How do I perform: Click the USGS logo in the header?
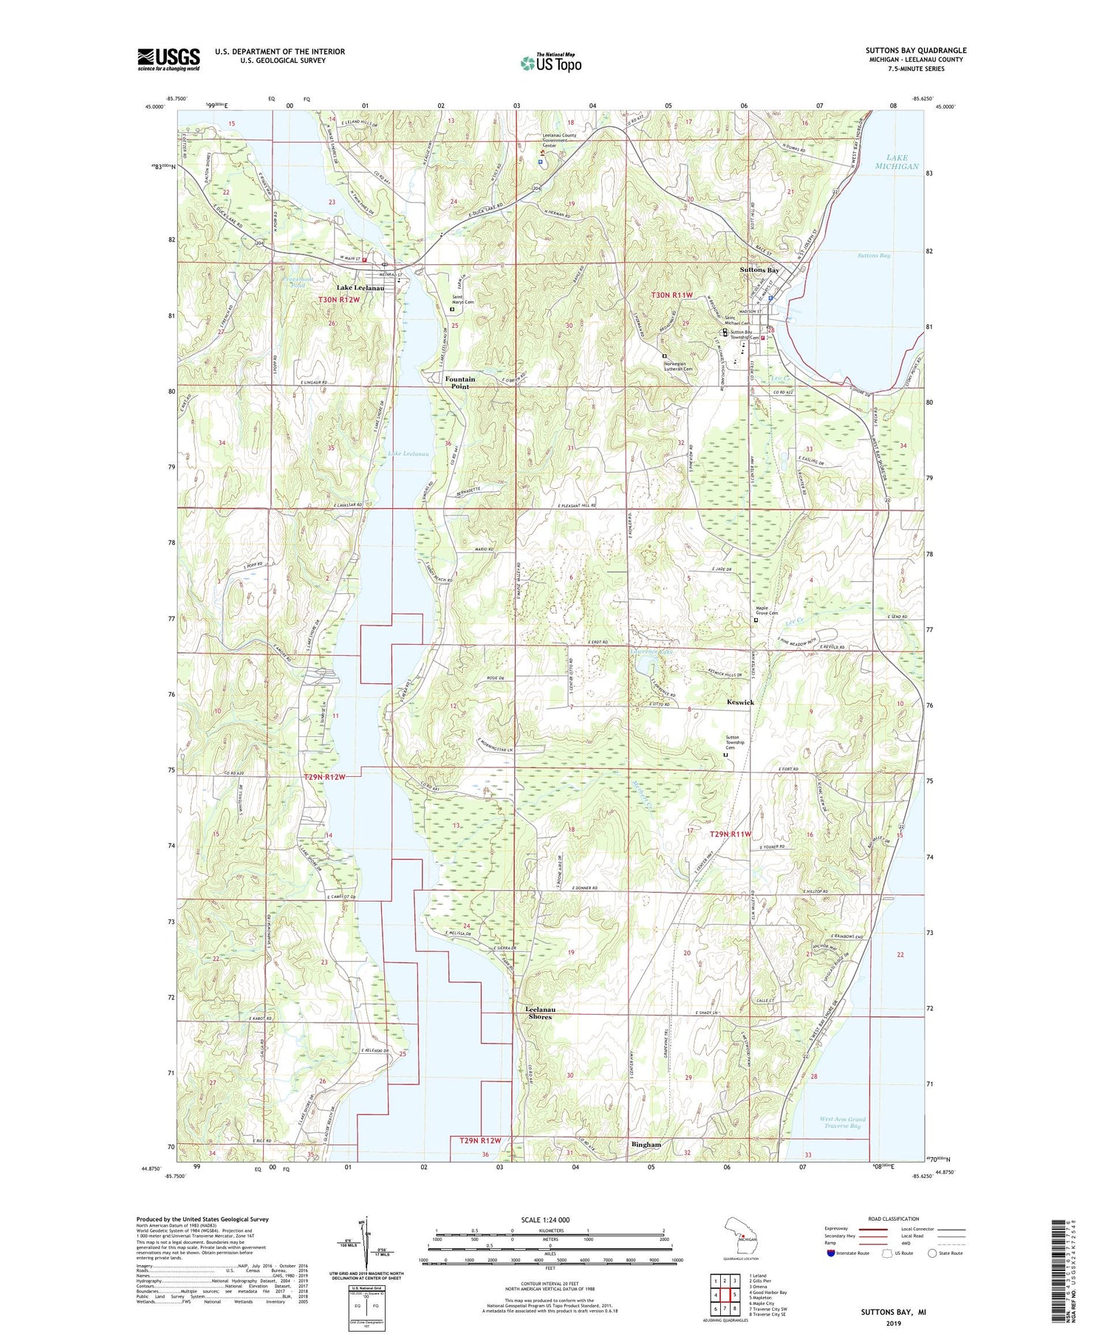click(x=168, y=59)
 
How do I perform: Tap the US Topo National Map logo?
click(x=551, y=63)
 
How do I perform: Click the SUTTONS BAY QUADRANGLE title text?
click(x=915, y=50)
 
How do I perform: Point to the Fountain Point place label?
click(x=459, y=383)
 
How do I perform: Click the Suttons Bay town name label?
click(x=759, y=270)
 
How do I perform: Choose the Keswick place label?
click(x=740, y=702)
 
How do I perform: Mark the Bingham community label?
click(x=646, y=1144)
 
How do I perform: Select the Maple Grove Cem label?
click(x=766, y=610)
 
